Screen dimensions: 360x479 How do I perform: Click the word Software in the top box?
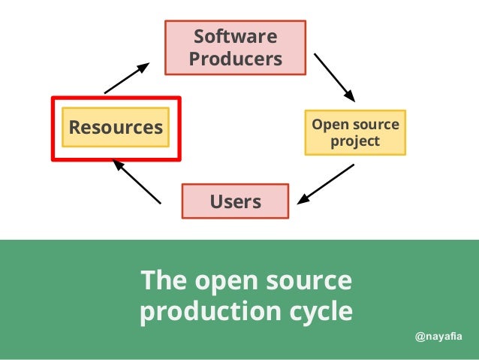[x=235, y=37]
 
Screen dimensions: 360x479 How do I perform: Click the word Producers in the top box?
[x=235, y=59]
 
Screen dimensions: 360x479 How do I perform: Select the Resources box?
[x=116, y=128]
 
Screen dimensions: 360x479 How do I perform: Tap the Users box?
[x=235, y=201]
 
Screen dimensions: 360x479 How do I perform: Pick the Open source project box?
[x=355, y=133]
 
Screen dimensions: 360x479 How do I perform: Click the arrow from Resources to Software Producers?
[x=127, y=78]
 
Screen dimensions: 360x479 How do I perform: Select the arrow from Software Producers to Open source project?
[x=334, y=77]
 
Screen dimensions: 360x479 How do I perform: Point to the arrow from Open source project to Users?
[x=326, y=185]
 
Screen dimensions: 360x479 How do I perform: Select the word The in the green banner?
[x=163, y=280]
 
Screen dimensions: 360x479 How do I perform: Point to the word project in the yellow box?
[x=355, y=141]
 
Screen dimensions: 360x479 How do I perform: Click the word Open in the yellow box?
[x=327, y=124]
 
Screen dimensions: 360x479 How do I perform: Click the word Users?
[x=235, y=201]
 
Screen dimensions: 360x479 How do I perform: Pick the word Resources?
[x=116, y=128]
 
